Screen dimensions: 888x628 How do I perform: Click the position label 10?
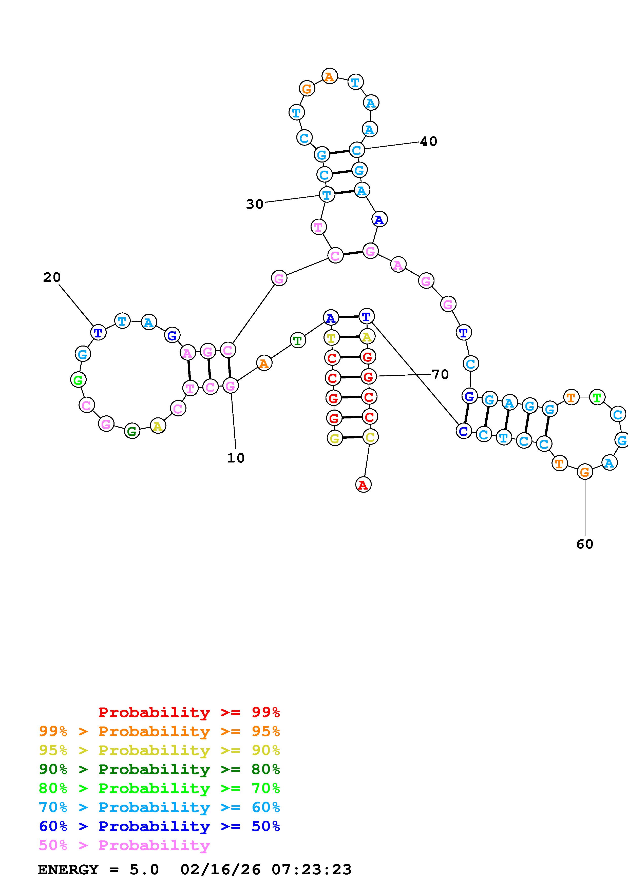pos(236,458)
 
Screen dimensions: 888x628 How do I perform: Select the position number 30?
pos(255,204)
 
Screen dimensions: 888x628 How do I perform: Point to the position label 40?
pos(428,142)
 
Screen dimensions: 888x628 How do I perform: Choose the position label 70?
pos(440,374)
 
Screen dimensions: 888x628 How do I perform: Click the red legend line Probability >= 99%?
pos(189,712)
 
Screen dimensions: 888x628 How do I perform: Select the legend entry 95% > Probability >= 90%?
pos(159,750)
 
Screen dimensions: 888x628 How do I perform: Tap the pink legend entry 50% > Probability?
pos(124,845)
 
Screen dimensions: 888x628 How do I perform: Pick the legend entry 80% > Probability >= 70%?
pos(159,788)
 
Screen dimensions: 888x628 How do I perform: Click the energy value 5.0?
pos(144,870)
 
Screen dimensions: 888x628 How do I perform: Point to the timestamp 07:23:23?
pos(312,870)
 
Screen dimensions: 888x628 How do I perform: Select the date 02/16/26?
pos(220,870)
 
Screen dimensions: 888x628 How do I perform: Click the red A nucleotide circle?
pos(363,484)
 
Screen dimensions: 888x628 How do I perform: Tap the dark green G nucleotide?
pos(132,431)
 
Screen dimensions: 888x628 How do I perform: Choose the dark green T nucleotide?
pos(298,341)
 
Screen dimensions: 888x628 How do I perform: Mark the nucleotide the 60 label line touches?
pos(585,472)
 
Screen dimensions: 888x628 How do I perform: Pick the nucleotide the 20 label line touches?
pos(98,332)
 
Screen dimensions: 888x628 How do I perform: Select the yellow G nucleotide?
pos(335,438)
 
